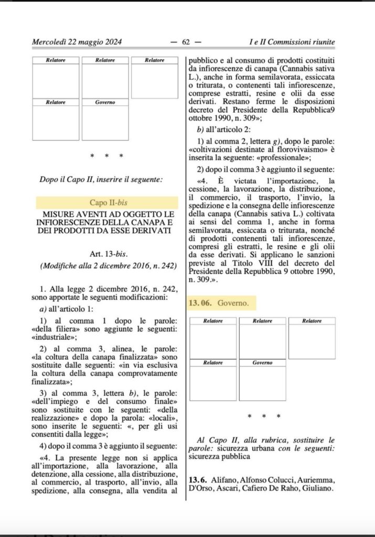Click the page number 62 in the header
pyautogui.click(x=186, y=42)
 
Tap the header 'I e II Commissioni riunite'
pyautogui.click(x=292, y=42)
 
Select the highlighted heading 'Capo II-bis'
pyautogui.click(x=107, y=203)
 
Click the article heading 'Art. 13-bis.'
pyautogui.click(x=107, y=254)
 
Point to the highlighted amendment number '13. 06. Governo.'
pyautogui.click(x=219, y=303)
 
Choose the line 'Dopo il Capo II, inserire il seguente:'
pyautogui.click(x=101, y=179)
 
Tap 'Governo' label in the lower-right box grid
pyautogui.click(x=262, y=362)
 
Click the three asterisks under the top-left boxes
pyautogui.click(x=106, y=156)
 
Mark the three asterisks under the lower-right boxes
pyautogui.click(x=264, y=416)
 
